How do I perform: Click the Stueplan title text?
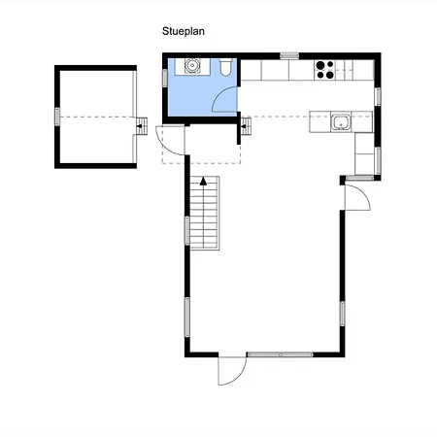pos(184,31)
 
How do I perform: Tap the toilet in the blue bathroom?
pos(225,67)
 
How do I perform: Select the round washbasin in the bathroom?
pos(191,66)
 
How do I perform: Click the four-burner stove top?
pos(325,70)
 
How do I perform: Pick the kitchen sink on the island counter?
pos(341,122)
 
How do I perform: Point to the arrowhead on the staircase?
pos(203,182)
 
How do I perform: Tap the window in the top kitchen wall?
pos(289,55)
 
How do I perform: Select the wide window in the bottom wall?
pos(280,354)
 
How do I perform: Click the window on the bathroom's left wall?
pos(165,78)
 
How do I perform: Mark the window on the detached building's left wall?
pos(57,117)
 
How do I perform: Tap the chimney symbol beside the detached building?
pos(141,126)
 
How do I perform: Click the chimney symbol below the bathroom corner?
pos(246,126)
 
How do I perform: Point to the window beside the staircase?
pos(187,230)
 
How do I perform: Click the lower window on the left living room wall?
pos(187,318)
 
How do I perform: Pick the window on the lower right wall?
pos(342,314)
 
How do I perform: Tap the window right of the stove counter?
pos(378,97)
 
